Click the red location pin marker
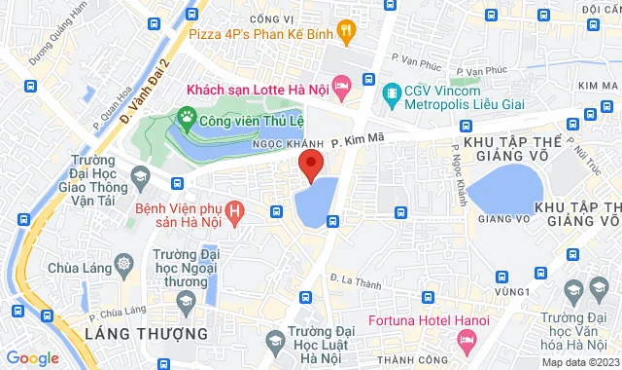point(309,166)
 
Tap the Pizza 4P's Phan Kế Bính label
point(259,34)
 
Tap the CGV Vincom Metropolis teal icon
point(392,94)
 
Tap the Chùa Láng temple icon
point(125,264)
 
